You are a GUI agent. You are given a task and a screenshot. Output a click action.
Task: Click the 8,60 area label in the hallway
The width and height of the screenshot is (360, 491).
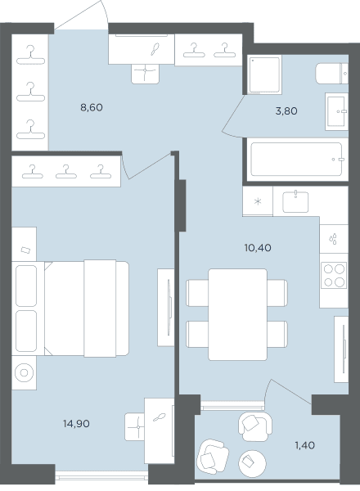92,108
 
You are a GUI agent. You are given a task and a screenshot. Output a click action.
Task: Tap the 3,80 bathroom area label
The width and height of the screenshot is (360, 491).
286,111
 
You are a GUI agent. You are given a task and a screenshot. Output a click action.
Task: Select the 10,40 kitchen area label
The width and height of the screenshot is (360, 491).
258,248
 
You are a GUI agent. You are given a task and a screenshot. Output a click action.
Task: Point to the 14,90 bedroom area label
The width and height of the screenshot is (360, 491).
76,424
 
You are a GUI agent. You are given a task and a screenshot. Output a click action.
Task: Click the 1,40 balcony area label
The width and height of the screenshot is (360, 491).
305,445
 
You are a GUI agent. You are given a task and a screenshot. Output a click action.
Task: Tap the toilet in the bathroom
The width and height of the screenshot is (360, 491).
332,74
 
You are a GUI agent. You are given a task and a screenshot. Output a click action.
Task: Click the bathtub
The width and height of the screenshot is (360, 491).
296,159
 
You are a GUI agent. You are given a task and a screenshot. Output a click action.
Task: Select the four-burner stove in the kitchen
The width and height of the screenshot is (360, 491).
334,275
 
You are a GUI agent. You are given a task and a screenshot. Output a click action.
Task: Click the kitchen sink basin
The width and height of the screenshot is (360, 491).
295,202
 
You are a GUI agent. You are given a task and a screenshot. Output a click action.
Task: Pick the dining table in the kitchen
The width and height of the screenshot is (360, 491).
237,314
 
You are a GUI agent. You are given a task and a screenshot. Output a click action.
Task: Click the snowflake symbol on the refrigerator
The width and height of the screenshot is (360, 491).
258,201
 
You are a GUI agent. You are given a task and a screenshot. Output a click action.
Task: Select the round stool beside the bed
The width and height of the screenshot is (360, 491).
24,372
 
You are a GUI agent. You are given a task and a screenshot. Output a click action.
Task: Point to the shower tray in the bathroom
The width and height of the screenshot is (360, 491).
264,74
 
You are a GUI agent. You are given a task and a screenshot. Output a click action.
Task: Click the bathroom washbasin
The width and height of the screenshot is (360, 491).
336,111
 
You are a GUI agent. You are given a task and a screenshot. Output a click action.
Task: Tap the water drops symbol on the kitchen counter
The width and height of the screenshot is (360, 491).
333,239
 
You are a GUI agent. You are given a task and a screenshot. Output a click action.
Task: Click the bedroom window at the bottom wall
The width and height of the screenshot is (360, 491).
101,477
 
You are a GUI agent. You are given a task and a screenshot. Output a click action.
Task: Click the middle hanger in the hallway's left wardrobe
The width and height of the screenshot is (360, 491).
30,92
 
